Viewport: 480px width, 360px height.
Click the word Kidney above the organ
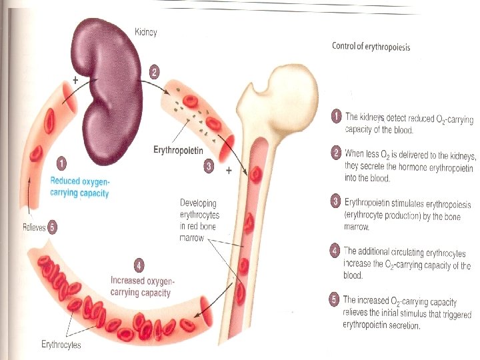point(146,32)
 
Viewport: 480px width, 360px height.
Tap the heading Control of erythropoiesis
point(371,47)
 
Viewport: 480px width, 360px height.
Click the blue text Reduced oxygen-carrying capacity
point(79,186)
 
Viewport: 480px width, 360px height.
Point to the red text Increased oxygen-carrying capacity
point(141,287)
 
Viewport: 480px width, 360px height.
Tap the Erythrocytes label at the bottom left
point(61,345)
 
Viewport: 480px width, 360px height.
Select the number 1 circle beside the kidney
point(61,162)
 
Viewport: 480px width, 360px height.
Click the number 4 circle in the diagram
point(139,265)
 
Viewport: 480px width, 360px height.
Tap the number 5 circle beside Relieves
point(53,227)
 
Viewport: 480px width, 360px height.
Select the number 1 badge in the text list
point(337,117)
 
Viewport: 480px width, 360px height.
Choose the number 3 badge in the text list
point(336,201)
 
